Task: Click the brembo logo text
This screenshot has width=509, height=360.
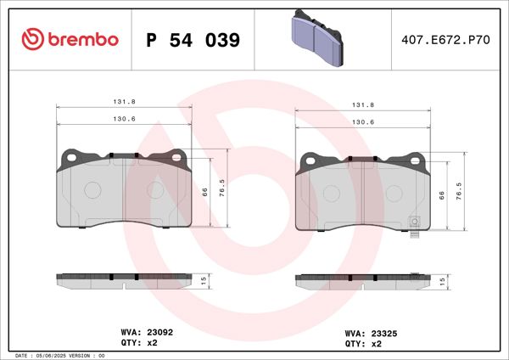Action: pyautogui.click(x=83, y=39)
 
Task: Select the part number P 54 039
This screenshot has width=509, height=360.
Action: pyautogui.click(x=193, y=40)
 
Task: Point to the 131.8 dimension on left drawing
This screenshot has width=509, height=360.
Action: pyautogui.click(x=124, y=102)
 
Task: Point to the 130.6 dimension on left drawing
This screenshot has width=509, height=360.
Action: pyautogui.click(x=124, y=120)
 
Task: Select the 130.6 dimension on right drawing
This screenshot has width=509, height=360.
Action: pyautogui.click(x=362, y=123)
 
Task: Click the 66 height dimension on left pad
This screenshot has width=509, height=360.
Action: pyautogui.click(x=204, y=193)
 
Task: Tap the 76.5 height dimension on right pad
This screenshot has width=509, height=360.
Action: pyautogui.click(x=459, y=190)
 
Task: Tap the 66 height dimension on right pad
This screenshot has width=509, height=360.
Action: pyautogui.click(x=442, y=195)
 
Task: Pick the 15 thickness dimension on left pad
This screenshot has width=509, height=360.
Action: pyautogui.click(x=204, y=280)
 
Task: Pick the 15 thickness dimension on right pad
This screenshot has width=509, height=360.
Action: pyautogui.click(x=442, y=280)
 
